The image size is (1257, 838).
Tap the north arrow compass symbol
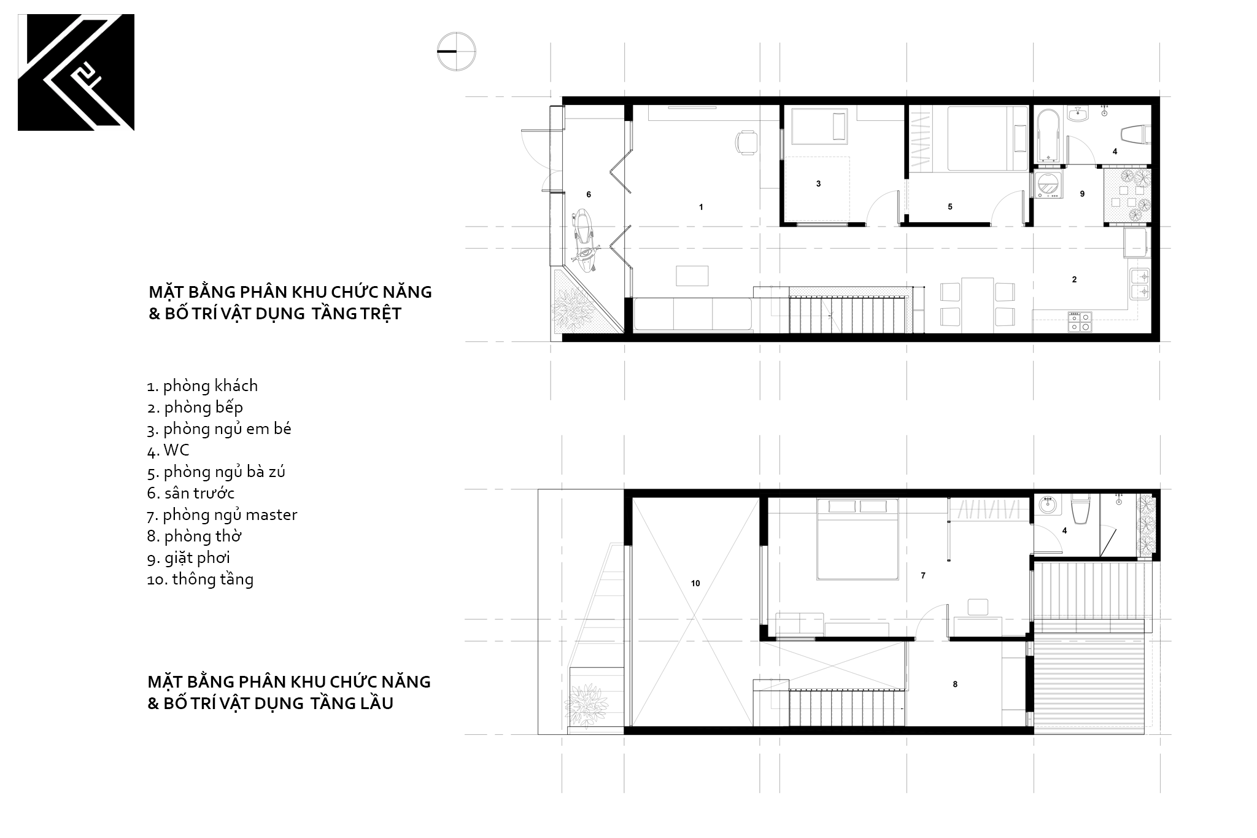(457, 51)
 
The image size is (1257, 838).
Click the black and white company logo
(76, 72)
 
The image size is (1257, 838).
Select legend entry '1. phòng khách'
(203, 386)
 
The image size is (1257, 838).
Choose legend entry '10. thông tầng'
(200, 580)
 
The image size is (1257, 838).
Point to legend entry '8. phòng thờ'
(194, 537)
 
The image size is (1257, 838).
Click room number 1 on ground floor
(701, 208)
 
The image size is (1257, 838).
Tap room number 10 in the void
(695, 584)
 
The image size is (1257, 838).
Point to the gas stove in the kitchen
(1080, 322)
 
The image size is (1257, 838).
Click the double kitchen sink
(1140, 284)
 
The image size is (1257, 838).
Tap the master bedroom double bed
(857, 538)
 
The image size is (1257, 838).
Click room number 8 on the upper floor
(955, 685)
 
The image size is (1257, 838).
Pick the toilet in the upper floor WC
(1080, 509)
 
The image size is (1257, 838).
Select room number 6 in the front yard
(589, 195)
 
